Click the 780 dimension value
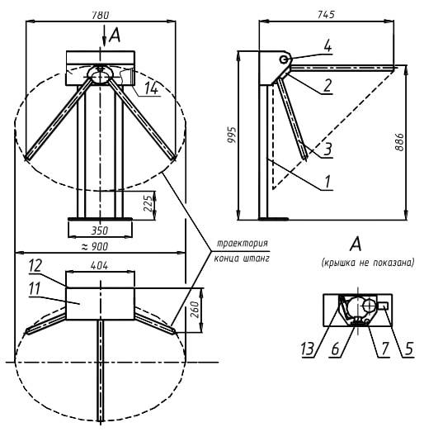tap(100, 15)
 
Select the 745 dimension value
tap(326, 14)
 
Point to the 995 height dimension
tap(232, 135)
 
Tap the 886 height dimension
tap(399, 142)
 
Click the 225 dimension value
tap(148, 203)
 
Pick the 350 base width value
tap(100, 230)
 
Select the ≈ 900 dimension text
tap(95, 247)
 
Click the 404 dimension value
tap(99, 266)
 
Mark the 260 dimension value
tap(195, 310)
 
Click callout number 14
tap(151, 88)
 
